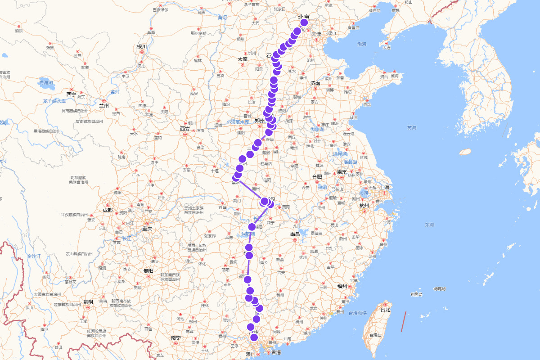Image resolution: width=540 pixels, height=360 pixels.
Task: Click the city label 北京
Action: (304, 17)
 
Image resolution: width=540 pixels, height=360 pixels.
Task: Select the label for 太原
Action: (243, 59)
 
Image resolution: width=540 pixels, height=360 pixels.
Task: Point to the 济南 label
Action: (315, 83)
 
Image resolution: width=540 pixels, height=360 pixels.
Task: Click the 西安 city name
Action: (185, 128)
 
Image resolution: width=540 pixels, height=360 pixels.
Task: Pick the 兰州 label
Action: (104, 106)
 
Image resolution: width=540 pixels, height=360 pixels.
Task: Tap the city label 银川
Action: (142, 47)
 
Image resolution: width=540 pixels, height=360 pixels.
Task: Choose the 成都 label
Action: (107, 210)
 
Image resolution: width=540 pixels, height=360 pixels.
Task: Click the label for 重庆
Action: (147, 229)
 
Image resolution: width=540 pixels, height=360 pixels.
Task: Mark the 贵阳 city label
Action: (148, 271)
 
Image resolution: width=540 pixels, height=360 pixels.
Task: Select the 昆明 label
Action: (88, 302)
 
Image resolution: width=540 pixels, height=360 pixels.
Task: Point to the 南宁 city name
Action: (175, 337)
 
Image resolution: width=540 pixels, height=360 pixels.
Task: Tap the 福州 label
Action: (342, 286)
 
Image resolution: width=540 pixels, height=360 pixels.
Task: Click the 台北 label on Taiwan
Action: (385, 310)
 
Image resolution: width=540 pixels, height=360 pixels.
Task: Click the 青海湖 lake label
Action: (46, 83)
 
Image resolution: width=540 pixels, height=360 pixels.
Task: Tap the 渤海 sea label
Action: (362, 44)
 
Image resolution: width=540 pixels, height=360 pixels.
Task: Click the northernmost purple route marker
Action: (304, 22)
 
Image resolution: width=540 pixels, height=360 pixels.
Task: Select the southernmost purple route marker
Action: (254, 337)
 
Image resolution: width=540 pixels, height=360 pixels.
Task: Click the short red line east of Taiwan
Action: (404, 321)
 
